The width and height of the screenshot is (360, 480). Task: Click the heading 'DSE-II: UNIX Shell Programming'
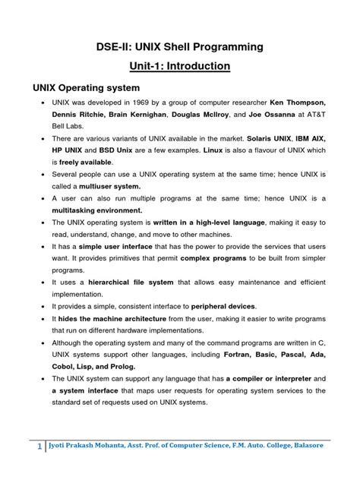[x=179, y=47]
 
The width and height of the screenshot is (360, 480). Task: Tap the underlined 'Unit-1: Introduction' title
[x=179, y=67]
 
